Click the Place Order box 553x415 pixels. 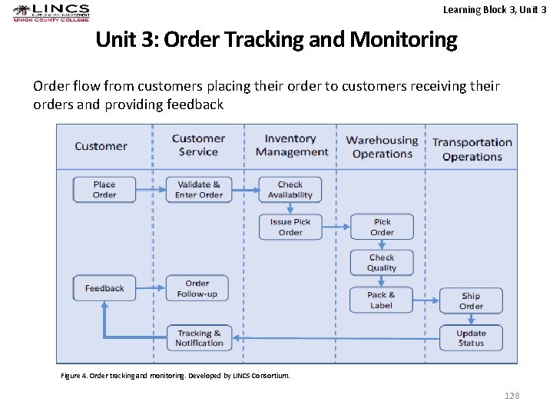click(x=104, y=190)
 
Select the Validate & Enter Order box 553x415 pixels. click(x=198, y=190)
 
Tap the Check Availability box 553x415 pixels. click(x=290, y=190)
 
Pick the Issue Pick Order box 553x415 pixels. click(x=290, y=227)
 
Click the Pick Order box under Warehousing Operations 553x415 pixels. click(x=382, y=227)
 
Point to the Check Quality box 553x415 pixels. click(x=382, y=263)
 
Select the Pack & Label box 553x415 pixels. click(x=381, y=300)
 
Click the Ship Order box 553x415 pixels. click(x=471, y=300)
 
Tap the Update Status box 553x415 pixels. click(x=471, y=338)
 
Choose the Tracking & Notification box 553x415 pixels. click(x=199, y=338)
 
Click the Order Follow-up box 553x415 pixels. click(x=197, y=288)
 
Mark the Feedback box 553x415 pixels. click(x=104, y=288)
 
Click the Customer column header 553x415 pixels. click(x=101, y=146)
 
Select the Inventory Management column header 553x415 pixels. click(x=291, y=145)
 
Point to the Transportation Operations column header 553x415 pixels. click(x=472, y=149)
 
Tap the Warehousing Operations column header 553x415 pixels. click(x=382, y=147)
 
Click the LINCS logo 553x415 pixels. click(x=51, y=13)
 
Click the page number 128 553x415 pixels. click(x=512, y=395)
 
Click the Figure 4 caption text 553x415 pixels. click(x=175, y=376)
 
